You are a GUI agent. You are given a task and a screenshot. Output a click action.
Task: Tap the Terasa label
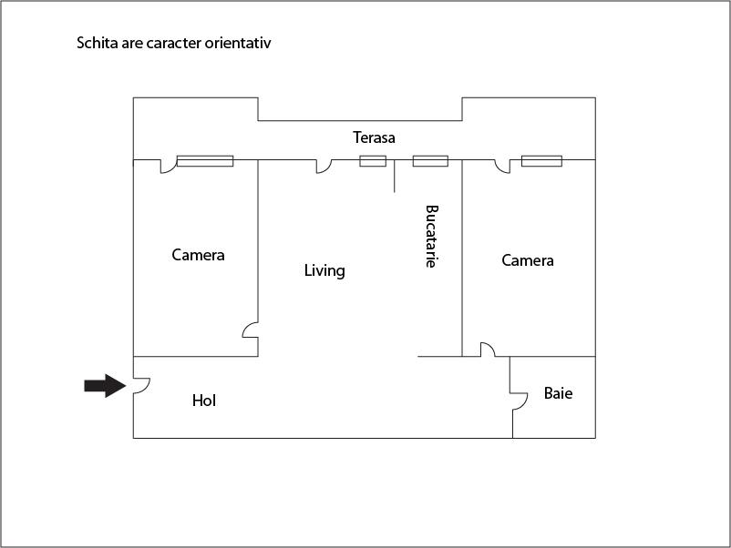[374, 138]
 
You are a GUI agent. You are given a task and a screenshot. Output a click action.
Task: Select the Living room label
[324, 270]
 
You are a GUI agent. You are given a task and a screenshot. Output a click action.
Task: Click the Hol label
[204, 401]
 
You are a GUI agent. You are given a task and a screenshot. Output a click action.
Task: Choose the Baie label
[558, 394]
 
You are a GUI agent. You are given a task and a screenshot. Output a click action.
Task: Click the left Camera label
[198, 255]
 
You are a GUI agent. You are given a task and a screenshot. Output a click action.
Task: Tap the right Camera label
[528, 260]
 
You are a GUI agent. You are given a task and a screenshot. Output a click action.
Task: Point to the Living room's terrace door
[324, 167]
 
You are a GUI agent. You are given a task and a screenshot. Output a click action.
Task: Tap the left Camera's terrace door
[168, 167]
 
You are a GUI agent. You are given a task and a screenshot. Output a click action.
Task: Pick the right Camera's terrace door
[502, 167]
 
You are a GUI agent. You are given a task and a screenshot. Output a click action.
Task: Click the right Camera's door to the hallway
[488, 350]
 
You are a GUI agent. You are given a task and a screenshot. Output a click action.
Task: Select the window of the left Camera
[204, 161]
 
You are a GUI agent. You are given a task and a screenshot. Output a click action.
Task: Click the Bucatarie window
[430, 161]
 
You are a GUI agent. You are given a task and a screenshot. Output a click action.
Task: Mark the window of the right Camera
[541, 161]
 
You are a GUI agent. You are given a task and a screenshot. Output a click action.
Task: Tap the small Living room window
[372, 161]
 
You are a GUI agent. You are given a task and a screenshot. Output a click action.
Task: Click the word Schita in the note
[97, 44]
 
